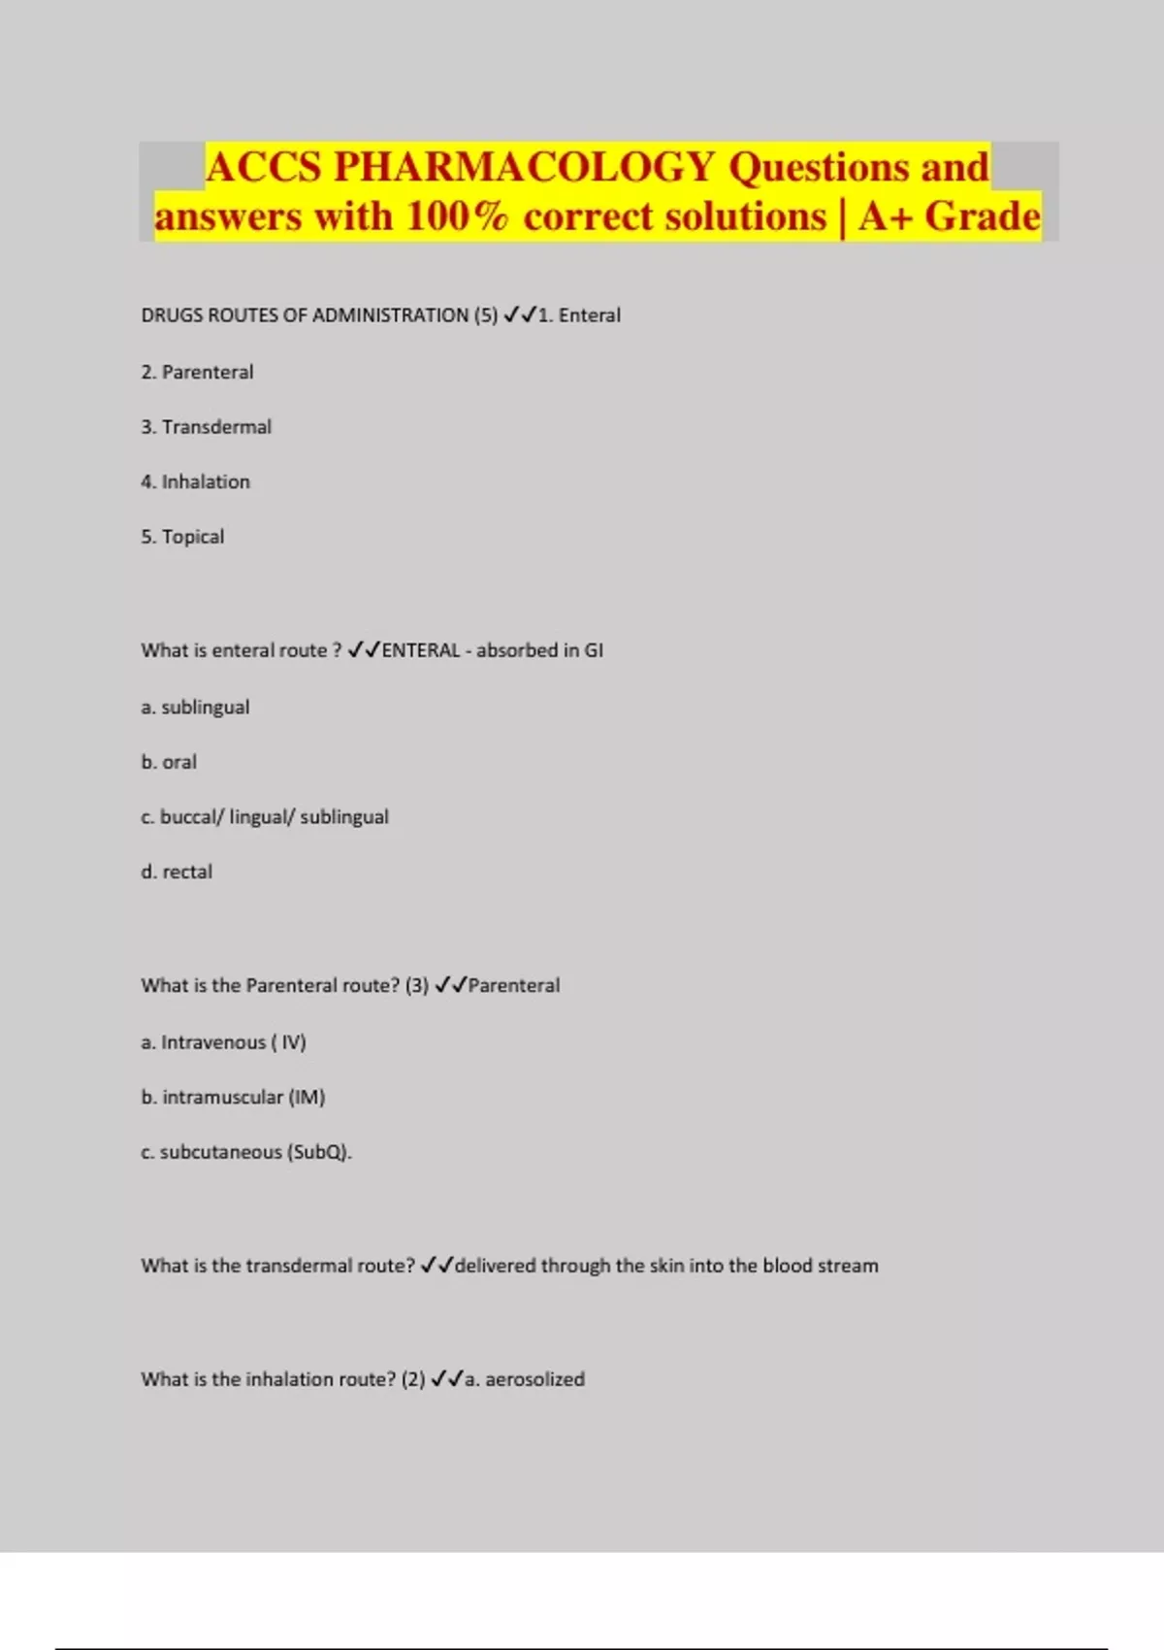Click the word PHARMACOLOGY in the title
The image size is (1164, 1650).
point(524,167)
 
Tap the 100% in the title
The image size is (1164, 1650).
point(457,216)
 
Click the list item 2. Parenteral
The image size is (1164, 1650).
point(197,372)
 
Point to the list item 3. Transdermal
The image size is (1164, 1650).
point(206,427)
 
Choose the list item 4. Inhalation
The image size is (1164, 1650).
point(195,481)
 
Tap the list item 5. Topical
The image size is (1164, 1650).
point(182,537)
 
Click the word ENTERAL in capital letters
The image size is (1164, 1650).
point(420,650)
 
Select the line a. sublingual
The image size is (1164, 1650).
point(195,708)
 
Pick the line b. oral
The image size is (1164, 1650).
point(169,762)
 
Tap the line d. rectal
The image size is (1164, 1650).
point(177,872)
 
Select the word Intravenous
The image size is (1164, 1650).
point(213,1042)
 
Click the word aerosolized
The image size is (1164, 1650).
point(534,1379)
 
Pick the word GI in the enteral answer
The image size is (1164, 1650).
point(593,650)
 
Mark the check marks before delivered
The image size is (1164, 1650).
point(436,1266)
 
